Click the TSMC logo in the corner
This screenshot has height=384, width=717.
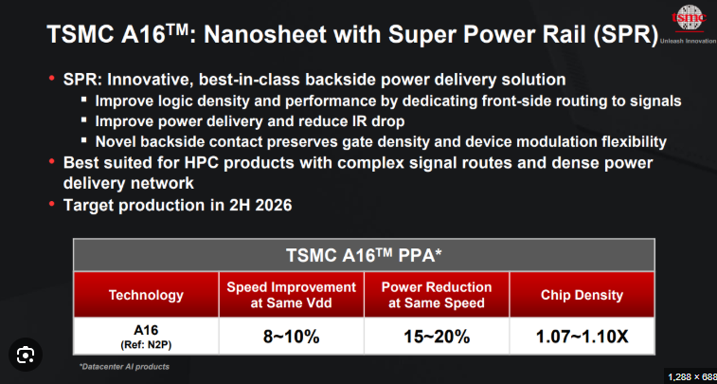point(690,18)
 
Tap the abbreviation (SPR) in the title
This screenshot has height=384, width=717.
point(626,35)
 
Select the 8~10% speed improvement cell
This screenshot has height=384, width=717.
point(291,337)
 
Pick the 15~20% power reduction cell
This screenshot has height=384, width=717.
point(437,337)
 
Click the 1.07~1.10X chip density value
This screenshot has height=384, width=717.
point(583,337)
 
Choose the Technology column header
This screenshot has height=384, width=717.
point(146,295)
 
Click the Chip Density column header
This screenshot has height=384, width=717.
point(583,295)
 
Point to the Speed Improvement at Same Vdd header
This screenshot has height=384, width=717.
point(291,295)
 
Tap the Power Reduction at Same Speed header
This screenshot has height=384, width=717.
point(437,295)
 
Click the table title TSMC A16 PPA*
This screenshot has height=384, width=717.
point(364,255)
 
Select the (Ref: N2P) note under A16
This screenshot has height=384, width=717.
point(146,345)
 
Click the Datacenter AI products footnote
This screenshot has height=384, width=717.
point(124,367)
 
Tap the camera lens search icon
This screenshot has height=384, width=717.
point(26,356)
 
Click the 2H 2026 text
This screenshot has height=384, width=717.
point(260,205)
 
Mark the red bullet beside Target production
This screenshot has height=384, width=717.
point(52,203)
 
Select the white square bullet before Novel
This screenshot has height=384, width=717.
point(83,139)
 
